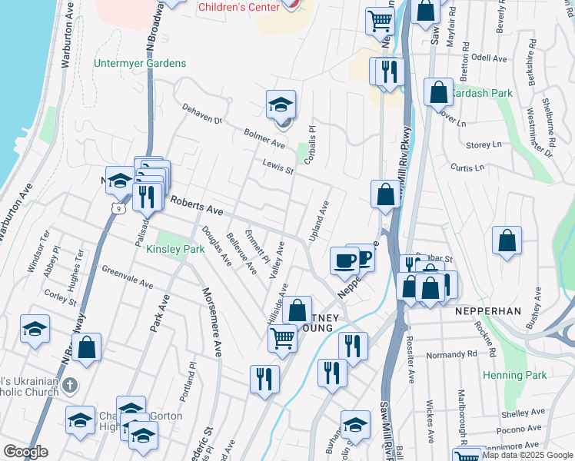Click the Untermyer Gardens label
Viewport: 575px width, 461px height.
(140, 63)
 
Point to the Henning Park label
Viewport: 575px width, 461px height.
(515, 375)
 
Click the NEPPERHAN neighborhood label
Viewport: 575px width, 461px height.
(488, 311)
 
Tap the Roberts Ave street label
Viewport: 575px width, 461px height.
(196, 205)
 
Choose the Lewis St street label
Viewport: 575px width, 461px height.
(278, 166)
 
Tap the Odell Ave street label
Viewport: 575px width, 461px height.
(489, 58)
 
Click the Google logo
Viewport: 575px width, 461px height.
(25, 452)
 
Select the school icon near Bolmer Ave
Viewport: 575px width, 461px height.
(281, 105)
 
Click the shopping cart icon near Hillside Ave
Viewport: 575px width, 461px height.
(283, 338)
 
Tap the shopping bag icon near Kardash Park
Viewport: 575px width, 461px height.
(437, 91)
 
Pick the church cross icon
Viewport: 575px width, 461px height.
(69, 384)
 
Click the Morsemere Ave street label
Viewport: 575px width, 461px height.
(211, 321)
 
